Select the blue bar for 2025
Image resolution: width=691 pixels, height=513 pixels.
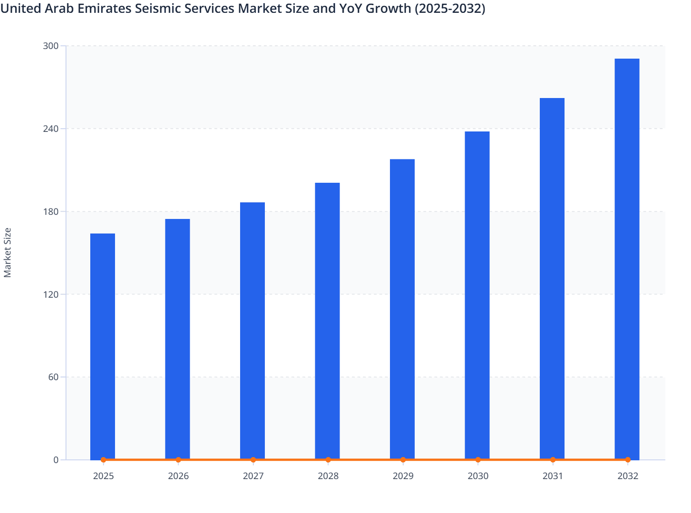(x=103, y=346)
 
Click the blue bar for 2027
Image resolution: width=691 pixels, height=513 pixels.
(x=252, y=330)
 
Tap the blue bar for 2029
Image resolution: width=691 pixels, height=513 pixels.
(x=402, y=309)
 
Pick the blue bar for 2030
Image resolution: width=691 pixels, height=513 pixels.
(x=477, y=295)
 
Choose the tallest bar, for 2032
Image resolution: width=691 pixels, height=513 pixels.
(x=627, y=259)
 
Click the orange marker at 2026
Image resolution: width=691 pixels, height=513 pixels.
(x=178, y=460)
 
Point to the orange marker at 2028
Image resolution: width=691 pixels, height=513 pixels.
(x=328, y=460)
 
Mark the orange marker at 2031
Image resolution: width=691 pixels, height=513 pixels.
(x=553, y=460)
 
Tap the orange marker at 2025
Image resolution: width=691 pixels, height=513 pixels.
(x=104, y=460)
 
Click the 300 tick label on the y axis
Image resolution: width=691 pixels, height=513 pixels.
(x=50, y=46)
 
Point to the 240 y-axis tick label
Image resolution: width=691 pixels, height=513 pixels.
(x=50, y=129)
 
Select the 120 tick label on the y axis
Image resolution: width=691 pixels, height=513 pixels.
(x=50, y=294)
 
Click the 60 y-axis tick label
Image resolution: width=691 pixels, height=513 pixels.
(x=53, y=377)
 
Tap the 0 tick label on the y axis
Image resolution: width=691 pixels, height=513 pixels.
(x=56, y=460)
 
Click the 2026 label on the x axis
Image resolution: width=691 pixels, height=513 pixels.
(x=178, y=476)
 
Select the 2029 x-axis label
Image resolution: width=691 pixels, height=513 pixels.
(x=403, y=476)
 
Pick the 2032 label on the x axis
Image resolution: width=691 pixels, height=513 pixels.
(x=628, y=476)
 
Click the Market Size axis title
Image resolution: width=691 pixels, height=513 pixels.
(x=8, y=252)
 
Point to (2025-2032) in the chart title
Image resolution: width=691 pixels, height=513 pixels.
(x=450, y=8)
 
